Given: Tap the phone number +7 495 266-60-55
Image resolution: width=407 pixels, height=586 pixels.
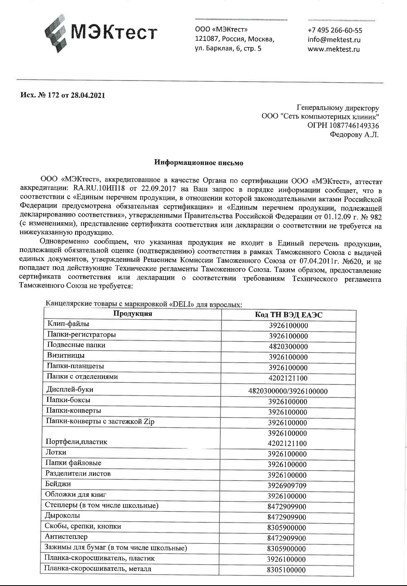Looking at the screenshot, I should [335, 30].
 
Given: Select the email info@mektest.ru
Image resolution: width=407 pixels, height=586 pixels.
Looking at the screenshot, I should [334, 40].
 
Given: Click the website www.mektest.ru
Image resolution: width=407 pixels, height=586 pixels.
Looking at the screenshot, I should [334, 49].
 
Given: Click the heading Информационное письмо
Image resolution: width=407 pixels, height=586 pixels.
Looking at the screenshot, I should [199, 163].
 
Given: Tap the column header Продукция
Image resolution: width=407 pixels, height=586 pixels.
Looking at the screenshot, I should [132, 314].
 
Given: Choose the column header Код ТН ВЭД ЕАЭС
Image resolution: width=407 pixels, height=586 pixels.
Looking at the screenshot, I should [288, 315].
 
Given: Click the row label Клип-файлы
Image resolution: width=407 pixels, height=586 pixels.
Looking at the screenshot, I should [68, 324].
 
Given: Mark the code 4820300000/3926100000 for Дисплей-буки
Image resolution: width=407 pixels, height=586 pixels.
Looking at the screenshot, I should [288, 391].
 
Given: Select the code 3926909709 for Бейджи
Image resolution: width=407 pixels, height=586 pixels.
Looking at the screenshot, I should [287, 486].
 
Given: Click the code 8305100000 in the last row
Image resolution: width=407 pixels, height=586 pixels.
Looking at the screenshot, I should [286, 570].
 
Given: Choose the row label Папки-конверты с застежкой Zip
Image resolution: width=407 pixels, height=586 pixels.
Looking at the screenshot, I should [100, 422].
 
